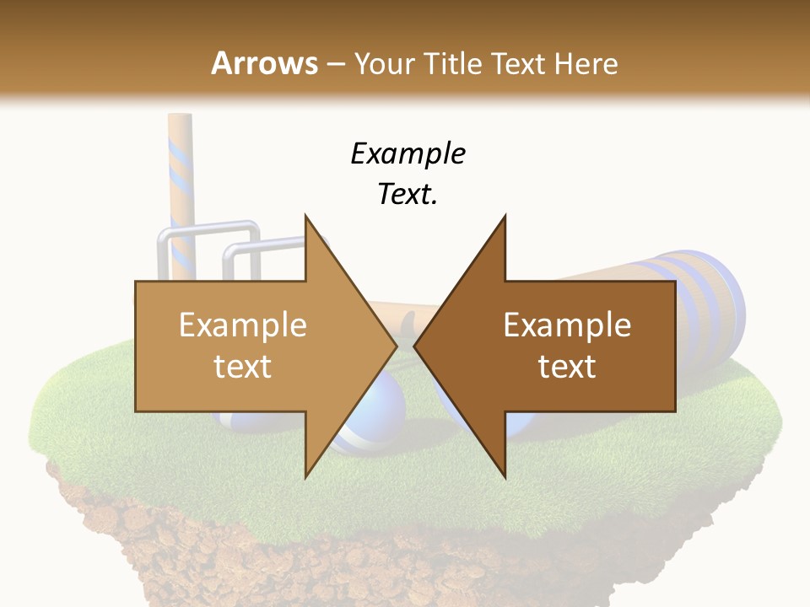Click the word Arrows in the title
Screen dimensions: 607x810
(x=264, y=63)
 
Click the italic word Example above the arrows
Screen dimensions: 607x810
(x=408, y=153)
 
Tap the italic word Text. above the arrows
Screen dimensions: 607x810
(x=408, y=194)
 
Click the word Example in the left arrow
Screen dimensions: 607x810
(x=243, y=325)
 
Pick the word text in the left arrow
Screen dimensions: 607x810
(x=243, y=366)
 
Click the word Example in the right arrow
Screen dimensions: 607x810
(x=567, y=325)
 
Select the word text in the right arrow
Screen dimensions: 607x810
(x=567, y=366)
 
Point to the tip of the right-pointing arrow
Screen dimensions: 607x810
(x=396, y=346)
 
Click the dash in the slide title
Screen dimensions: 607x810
(x=335, y=63)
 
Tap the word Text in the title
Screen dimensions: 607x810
(x=516, y=63)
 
